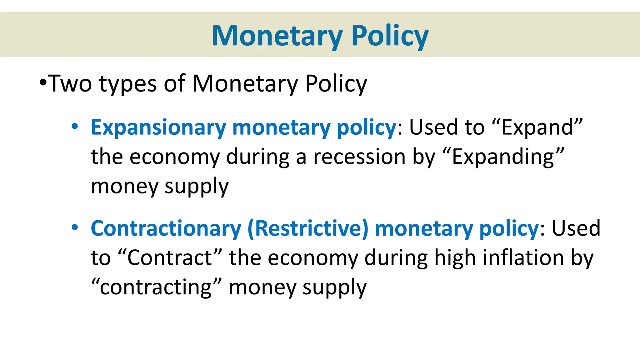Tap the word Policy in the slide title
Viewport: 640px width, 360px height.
[390, 36]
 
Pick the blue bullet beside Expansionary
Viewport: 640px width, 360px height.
[75, 127]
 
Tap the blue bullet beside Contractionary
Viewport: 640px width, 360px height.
[75, 227]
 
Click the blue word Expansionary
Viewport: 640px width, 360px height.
[158, 128]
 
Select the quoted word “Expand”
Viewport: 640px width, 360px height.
[537, 127]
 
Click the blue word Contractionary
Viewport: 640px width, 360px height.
[166, 228]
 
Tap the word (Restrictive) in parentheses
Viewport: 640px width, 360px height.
[308, 228]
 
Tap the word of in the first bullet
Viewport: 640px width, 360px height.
[174, 84]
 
